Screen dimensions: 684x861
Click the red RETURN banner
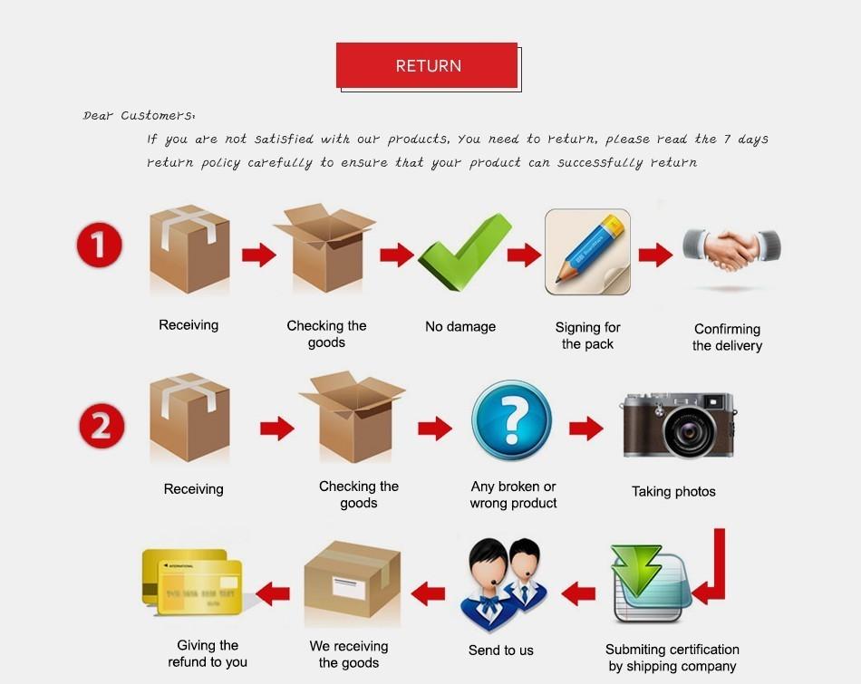(x=427, y=65)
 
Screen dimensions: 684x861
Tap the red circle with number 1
(x=99, y=247)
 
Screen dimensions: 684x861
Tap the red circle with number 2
(x=102, y=426)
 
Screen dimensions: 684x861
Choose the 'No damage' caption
(x=460, y=326)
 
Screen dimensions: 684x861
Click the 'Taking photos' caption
(x=673, y=492)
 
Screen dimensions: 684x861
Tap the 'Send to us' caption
(x=500, y=650)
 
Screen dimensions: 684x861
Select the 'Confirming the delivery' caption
(x=727, y=337)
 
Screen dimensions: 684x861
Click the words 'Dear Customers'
(x=139, y=116)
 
